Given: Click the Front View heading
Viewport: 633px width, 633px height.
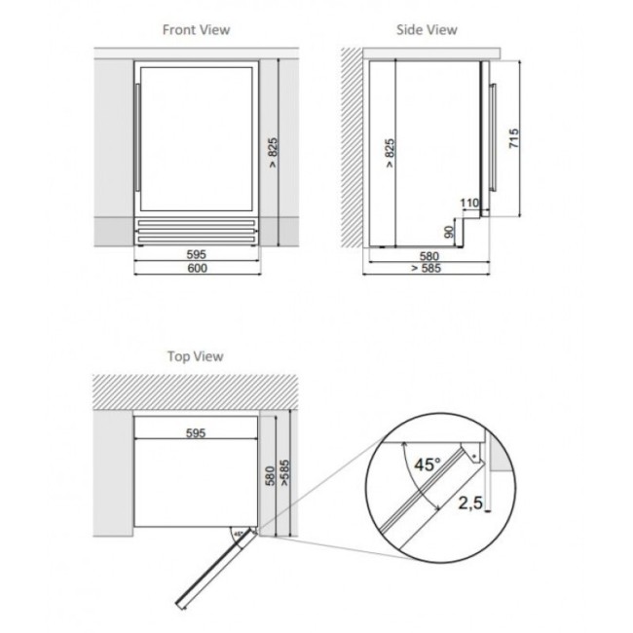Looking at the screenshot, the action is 196,30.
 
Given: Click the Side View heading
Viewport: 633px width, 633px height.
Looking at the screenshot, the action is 427,30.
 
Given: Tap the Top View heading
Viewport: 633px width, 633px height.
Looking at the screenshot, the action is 196,356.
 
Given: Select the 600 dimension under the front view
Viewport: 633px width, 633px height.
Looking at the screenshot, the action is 197,268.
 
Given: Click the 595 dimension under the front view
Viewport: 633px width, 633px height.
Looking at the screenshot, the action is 197,255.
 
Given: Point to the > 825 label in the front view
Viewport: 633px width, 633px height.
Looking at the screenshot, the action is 273,153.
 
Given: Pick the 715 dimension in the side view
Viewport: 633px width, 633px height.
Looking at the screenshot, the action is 513,138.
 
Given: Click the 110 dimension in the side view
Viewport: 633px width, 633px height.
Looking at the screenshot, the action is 469,203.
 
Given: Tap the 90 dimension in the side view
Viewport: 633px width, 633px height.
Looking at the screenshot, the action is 449,232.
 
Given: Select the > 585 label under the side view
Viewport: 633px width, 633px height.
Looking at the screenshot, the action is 427,268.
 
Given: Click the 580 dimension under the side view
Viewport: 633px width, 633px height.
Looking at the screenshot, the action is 428,256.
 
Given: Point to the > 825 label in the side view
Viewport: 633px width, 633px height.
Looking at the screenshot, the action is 389,153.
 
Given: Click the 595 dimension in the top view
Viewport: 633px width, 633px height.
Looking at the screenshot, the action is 196,433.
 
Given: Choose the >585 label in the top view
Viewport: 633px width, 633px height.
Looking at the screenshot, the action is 284,472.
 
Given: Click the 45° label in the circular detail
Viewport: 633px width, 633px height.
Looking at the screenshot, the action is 428,465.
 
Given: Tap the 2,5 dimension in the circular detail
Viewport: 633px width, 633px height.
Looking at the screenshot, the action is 470,503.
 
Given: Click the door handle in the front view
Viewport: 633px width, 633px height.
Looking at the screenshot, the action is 137,137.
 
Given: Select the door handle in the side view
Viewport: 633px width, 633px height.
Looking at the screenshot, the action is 493,137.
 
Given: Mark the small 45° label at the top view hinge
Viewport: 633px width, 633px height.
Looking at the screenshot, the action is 239,534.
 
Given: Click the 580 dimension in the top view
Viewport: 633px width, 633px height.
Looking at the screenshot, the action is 270,475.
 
